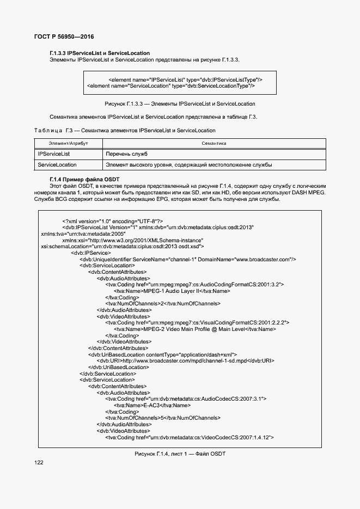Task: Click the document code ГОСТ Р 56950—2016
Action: point(56,36)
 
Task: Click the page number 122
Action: point(39,462)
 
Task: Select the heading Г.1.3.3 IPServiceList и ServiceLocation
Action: point(99,53)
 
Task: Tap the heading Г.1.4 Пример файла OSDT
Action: point(84,179)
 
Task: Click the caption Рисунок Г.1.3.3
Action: point(180,103)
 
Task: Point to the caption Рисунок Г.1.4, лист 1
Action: point(180,454)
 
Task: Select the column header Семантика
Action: point(213,143)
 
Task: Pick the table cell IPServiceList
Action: point(54,154)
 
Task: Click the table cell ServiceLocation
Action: point(57,164)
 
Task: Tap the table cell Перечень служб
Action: point(127,154)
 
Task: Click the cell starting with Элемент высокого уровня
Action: point(188,164)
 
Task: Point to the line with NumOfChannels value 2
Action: point(163,304)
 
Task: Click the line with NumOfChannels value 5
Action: point(163,418)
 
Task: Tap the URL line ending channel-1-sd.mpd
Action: point(185,360)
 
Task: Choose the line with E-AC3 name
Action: point(152,405)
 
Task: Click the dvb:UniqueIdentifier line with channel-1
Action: point(188,259)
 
